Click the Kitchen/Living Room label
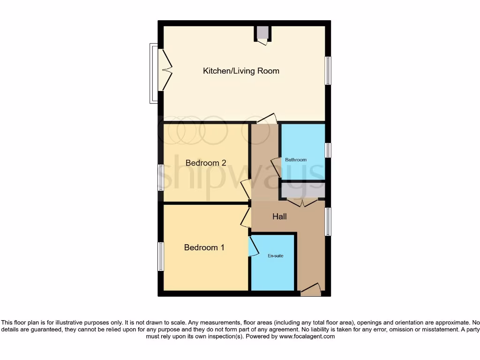pos(241,71)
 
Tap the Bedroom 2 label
pos(206,163)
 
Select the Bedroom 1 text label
pos(204,247)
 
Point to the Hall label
pos(279,217)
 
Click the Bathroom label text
pos(296,160)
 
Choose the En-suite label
pos(276,256)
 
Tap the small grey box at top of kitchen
pos(262,33)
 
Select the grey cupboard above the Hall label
pos(303,191)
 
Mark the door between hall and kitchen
pos(266,119)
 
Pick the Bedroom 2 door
pos(245,189)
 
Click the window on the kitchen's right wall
pos(328,71)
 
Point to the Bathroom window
pos(328,150)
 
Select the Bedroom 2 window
pos(161,178)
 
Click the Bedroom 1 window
pos(161,256)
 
